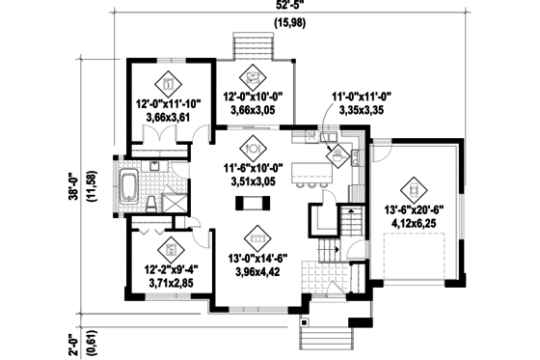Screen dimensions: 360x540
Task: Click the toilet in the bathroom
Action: coord(150,202)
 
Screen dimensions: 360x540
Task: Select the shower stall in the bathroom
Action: coord(175,202)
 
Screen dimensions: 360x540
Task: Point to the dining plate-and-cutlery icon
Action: coord(255,149)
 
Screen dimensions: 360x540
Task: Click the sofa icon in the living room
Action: coord(255,234)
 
